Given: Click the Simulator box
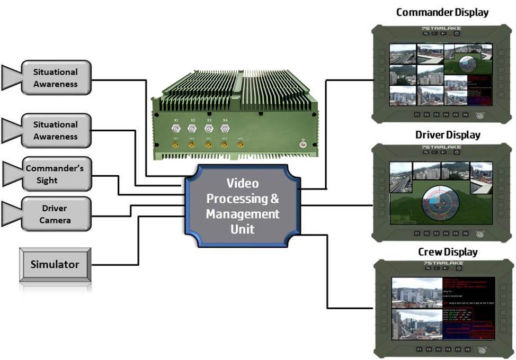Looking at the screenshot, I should tap(55, 264).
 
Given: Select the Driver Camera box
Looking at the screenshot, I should tap(55, 214).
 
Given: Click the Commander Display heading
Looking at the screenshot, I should tap(442, 12).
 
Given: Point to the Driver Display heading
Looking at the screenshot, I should tap(448, 134).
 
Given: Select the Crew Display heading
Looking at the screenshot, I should tap(448, 251).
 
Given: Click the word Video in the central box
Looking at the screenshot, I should tap(242, 184).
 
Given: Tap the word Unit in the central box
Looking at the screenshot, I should tap(242, 229).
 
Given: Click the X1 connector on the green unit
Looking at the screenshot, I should tap(176, 128).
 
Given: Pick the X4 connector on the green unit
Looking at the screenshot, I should tap(225, 128).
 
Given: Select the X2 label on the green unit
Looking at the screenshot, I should tap(192, 120).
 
